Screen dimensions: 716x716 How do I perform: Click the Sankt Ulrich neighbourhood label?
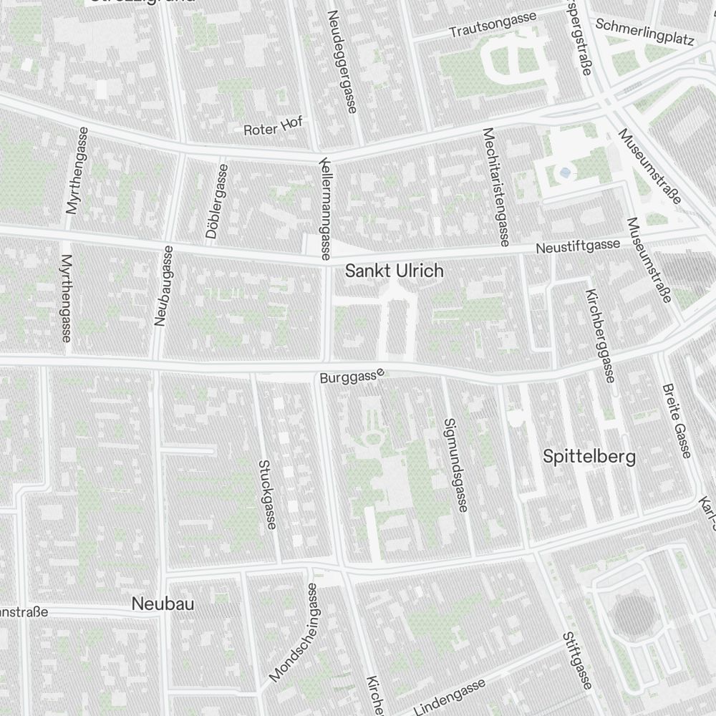[x=394, y=271]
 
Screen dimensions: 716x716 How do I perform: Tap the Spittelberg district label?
[x=589, y=457]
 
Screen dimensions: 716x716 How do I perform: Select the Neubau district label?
[x=163, y=604]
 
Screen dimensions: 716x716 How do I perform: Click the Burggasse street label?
[x=352, y=374]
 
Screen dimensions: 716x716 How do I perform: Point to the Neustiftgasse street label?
[x=578, y=246]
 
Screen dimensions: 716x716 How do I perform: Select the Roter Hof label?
[x=273, y=127]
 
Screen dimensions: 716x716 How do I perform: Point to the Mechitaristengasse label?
[x=496, y=185]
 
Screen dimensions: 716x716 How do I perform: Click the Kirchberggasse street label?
[x=600, y=336]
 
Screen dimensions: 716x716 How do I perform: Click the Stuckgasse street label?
[x=266, y=494]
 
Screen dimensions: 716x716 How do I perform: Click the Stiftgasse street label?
[x=576, y=662]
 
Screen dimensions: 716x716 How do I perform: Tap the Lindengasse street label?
[x=450, y=697]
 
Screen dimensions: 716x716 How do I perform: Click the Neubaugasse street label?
[x=163, y=286]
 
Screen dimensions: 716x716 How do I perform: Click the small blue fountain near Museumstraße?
[x=566, y=173]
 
